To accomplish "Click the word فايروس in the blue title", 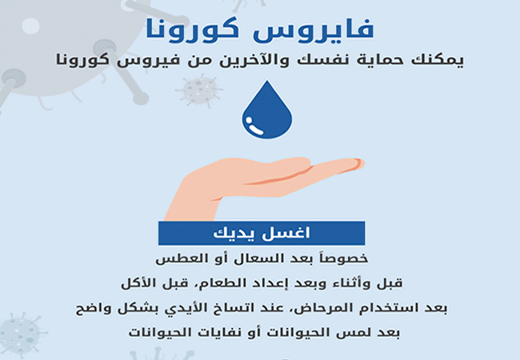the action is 314,29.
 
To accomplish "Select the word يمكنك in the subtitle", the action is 438,60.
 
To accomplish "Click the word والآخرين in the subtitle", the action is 252,60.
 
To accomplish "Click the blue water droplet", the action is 267,110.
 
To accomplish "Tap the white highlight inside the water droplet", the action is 254,126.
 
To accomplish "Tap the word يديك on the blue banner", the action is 234,233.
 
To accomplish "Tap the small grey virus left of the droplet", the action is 199,90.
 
